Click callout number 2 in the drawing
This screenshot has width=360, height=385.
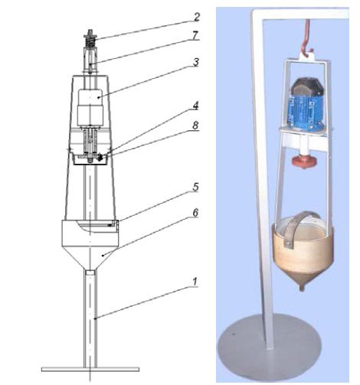click(196, 18)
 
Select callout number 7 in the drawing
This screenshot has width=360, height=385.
click(195, 35)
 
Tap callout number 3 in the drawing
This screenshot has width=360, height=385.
click(195, 62)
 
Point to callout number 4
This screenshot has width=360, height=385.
click(195, 106)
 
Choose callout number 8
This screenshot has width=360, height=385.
click(195, 125)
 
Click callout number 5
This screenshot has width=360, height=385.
click(195, 187)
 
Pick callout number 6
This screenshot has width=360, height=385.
click(195, 212)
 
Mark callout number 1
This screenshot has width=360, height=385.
click(195, 282)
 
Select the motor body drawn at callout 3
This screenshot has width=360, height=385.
click(90, 107)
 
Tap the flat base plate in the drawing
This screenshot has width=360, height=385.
click(90, 369)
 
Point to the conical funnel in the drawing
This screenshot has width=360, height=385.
click(90, 258)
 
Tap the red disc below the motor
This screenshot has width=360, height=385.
click(304, 162)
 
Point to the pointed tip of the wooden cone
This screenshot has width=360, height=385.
click(302, 289)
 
